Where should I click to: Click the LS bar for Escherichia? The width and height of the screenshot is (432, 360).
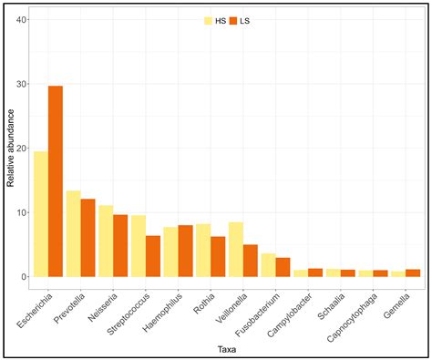coord(56,181)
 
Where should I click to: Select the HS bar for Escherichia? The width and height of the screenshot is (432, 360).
coord(40,214)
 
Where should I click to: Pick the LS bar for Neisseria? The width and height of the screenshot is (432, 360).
coord(121,245)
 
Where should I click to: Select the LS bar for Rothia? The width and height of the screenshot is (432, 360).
coord(219,256)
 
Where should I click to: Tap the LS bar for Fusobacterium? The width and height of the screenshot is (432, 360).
coord(283,267)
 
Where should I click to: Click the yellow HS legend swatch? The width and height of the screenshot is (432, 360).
coord(209,20)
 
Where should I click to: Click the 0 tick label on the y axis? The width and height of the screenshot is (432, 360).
coord(26,277)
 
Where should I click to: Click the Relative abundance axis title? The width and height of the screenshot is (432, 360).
coord(10,149)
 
